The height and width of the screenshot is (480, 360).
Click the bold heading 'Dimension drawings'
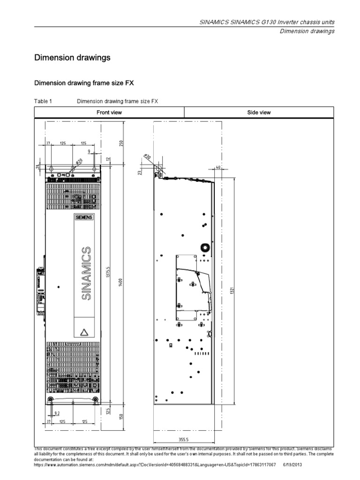[x=73, y=58]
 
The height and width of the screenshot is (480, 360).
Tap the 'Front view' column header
[x=109, y=112]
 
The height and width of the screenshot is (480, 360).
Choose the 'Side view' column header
[x=259, y=112]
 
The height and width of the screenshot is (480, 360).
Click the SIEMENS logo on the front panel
[x=84, y=218]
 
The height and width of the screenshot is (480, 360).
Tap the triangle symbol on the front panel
[x=84, y=332]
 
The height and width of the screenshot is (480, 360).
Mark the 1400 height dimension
[x=120, y=283]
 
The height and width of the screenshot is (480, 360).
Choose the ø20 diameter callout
[x=77, y=162]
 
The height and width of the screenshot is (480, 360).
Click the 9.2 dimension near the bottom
[x=57, y=413]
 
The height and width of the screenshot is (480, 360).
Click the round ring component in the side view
[x=204, y=247]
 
